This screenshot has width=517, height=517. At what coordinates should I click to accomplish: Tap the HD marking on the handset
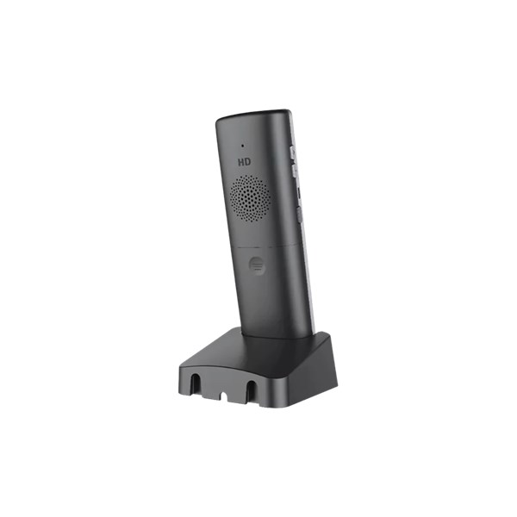click(x=246, y=161)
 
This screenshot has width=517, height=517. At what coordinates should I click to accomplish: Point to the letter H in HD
click(x=241, y=161)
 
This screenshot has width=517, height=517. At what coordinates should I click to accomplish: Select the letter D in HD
click(x=250, y=161)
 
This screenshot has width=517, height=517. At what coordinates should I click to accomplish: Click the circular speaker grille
click(x=251, y=198)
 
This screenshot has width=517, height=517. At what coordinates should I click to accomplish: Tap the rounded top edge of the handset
click(x=254, y=113)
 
